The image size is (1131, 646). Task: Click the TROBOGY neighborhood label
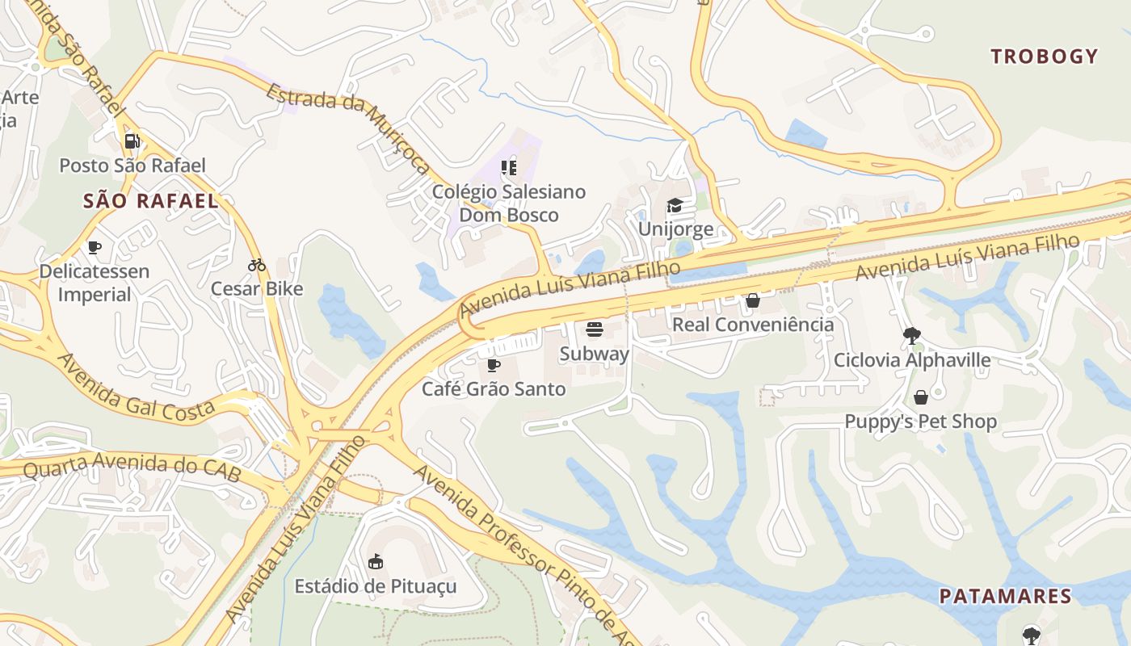[1045, 57]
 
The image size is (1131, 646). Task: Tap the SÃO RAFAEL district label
[151, 201]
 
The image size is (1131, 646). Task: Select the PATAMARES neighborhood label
[1005, 597]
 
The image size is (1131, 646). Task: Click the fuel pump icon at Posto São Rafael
[132, 141]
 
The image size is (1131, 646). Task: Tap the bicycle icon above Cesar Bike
[257, 265]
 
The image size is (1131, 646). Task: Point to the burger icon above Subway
[595, 329]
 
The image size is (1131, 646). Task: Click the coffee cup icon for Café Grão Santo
[494, 365]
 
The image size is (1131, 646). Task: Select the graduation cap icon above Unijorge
[675, 205]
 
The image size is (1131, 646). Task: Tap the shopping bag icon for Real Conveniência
[753, 300]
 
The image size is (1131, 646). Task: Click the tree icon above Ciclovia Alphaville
[912, 335]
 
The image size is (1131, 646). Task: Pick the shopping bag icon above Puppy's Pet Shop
[920, 397]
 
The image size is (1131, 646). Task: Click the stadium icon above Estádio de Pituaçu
[375, 561]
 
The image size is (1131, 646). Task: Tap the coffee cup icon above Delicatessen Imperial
[95, 247]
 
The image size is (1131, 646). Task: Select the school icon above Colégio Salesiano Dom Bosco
[509, 168]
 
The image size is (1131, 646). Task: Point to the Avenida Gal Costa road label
[136, 387]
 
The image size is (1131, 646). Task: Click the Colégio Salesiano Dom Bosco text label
[509, 203]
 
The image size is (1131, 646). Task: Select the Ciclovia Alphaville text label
[912, 360]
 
